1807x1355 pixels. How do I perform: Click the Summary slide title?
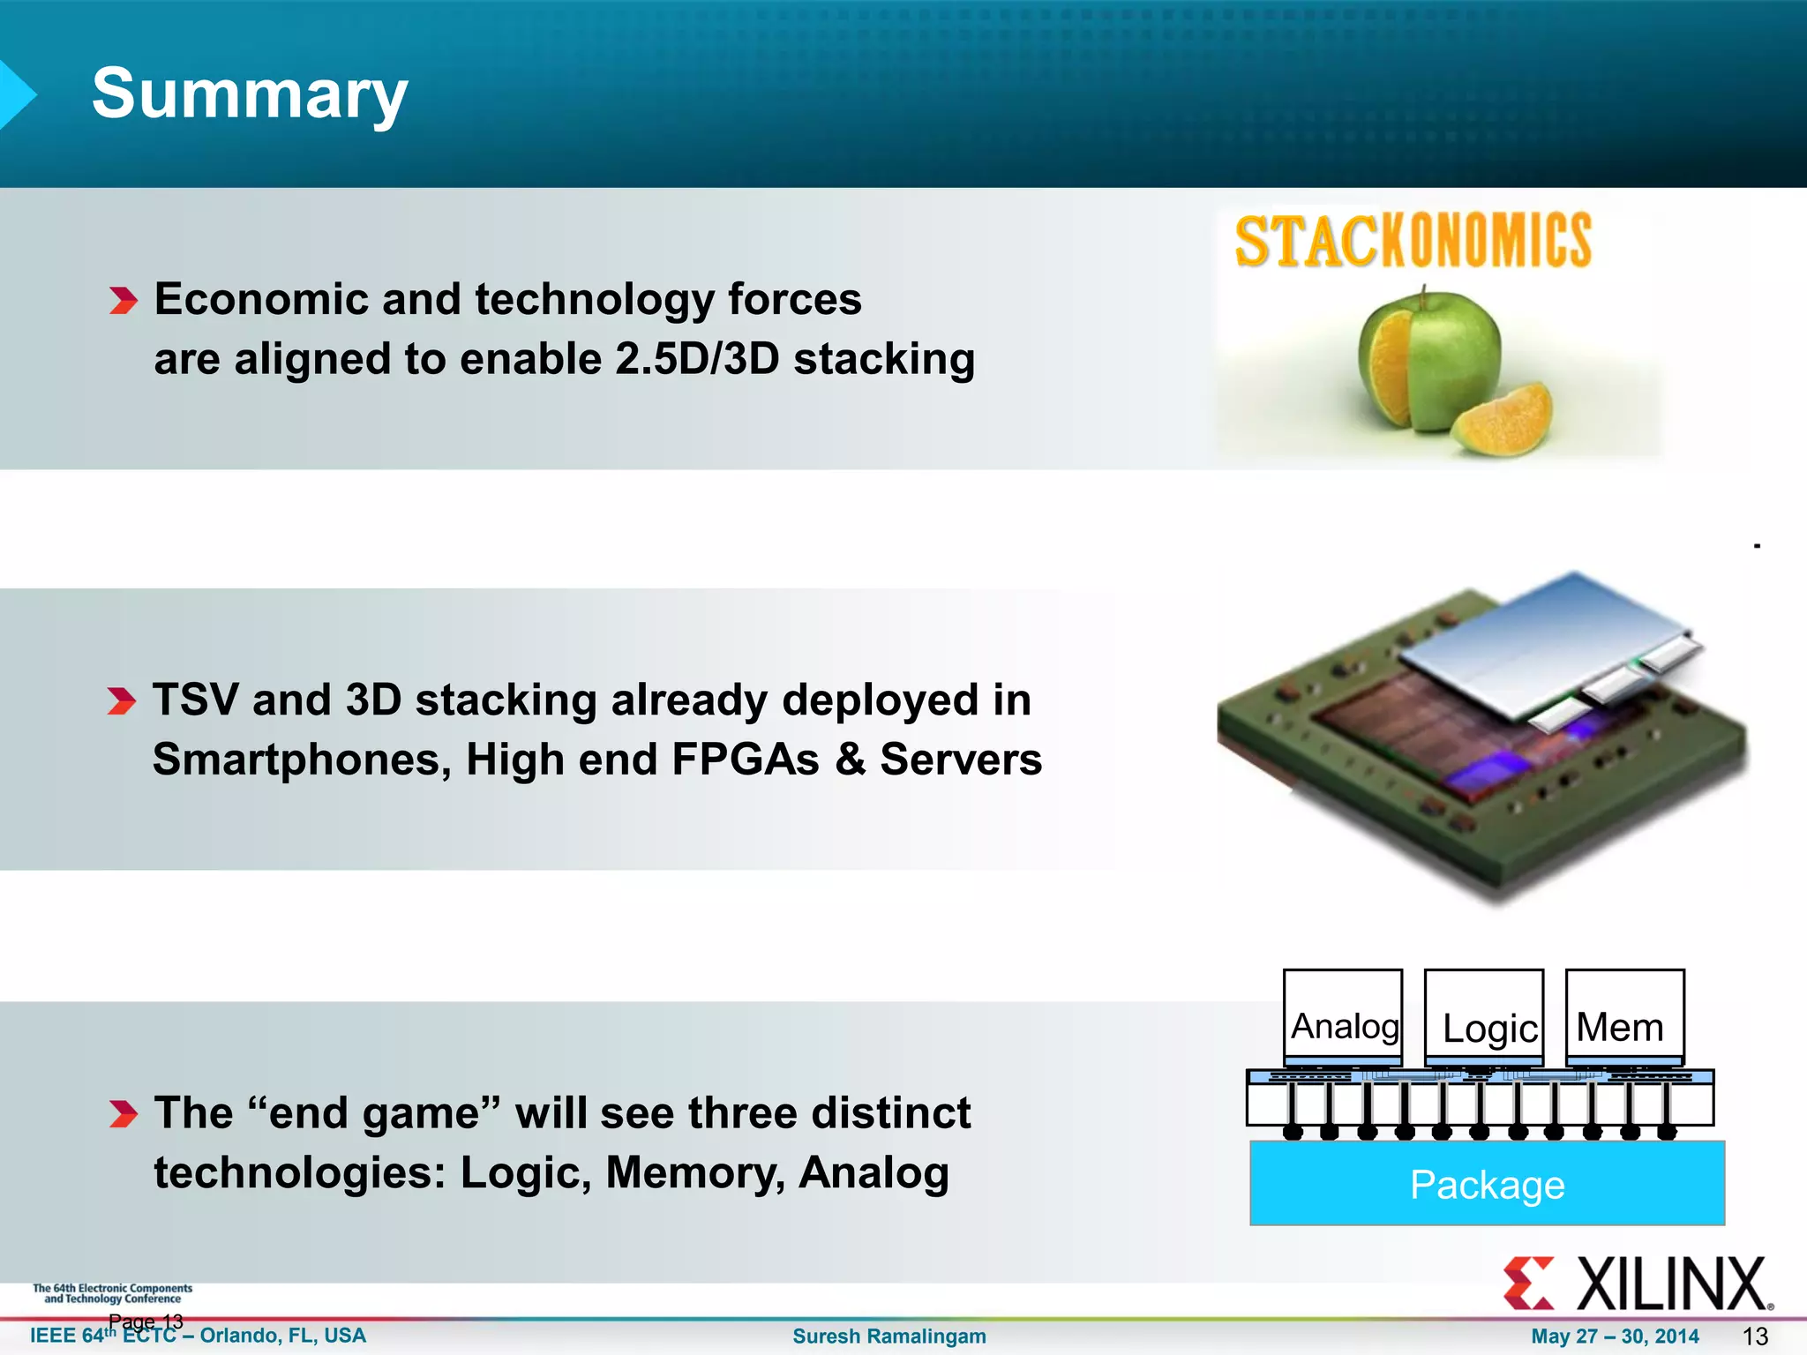[x=250, y=94]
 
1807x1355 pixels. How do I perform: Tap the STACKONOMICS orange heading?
[x=1413, y=241]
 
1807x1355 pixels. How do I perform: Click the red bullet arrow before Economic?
[x=124, y=301]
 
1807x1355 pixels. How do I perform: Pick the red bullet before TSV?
[x=122, y=701]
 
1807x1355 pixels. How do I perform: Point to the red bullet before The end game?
[x=124, y=1113]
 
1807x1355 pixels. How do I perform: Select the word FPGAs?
[x=746, y=760]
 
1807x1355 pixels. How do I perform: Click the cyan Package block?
[x=1487, y=1184]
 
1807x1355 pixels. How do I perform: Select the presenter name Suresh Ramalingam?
[x=889, y=1336]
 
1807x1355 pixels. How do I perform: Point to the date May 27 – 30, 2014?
[x=1615, y=1336]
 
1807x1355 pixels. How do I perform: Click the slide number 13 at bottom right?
[x=1756, y=1336]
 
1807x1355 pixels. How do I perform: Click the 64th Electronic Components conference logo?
[x=112, y=1293]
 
